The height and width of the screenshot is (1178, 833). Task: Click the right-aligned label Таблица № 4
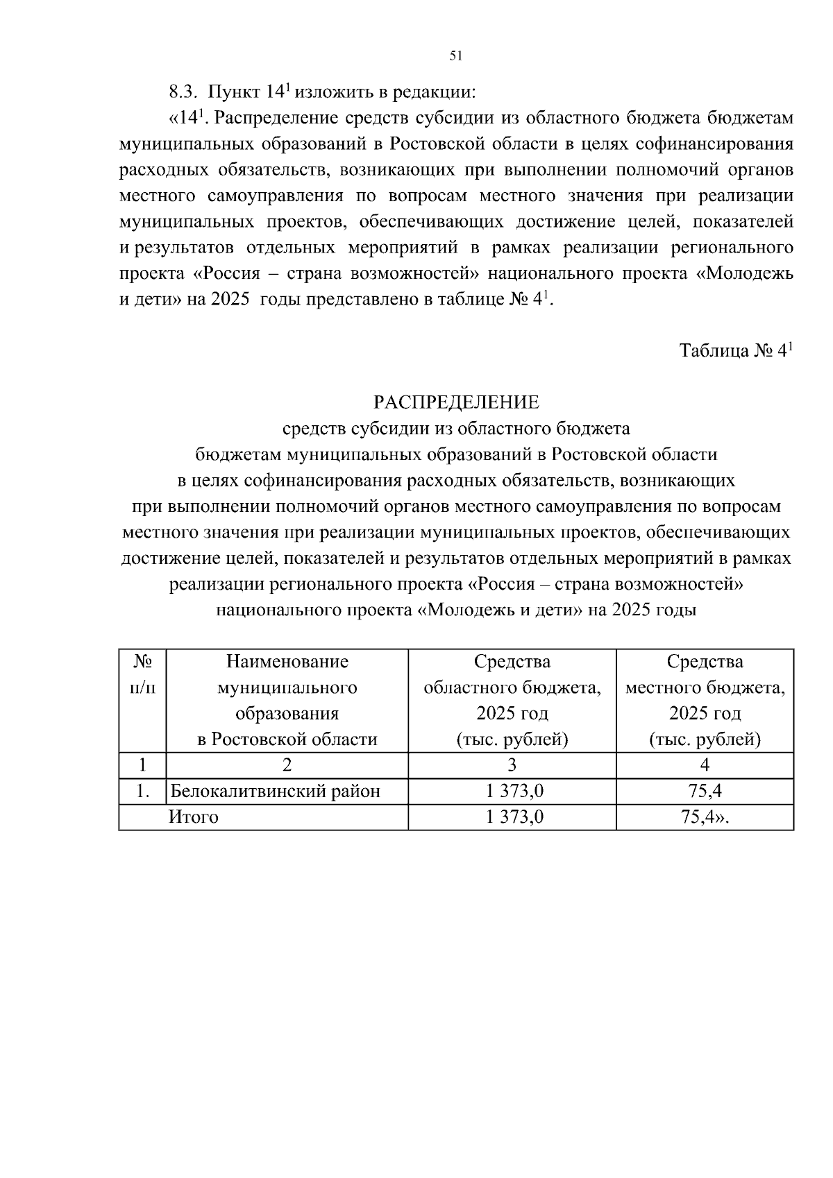[x=735, y=351]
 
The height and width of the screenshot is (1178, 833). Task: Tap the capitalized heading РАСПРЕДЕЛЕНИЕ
[x=456, y=402]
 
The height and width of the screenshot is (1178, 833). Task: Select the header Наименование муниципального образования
[x=287, y=700]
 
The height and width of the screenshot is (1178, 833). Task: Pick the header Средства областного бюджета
[x=512, y=700]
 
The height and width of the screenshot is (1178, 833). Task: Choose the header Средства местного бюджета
[x=705, y=700]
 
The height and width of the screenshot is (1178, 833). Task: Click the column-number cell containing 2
[x=287, y=765]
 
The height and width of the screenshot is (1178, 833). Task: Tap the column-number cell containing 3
[x=512, y=765]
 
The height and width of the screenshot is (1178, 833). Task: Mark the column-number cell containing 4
[x=705, y=765]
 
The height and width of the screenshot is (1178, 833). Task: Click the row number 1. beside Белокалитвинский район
[x=142, y=791]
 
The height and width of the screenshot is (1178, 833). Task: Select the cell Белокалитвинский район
[x=276, y=791]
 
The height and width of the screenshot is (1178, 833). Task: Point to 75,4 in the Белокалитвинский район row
[x=705, y=791]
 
